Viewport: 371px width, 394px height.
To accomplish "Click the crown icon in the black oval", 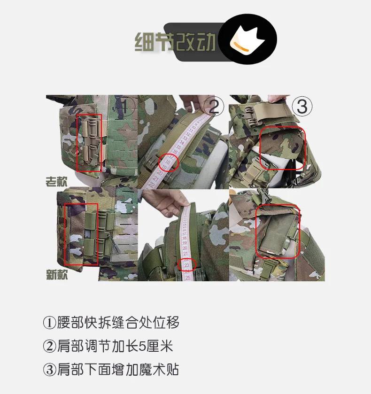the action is [x=247, y=39].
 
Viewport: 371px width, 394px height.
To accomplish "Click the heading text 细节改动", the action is [x=175, y=42].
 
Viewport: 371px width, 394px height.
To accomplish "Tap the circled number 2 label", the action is [x=213, y=106].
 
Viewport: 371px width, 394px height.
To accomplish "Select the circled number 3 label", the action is [x=302, y=106].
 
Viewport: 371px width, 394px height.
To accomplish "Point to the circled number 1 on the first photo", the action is [x=125, y=106].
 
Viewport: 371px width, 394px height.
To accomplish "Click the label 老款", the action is [x=56, y=181].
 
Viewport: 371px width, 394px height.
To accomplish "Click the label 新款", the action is [x=57, y=274].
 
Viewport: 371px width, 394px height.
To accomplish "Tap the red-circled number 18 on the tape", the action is [x=168, y=162].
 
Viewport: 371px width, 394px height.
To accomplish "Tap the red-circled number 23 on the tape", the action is [x=186, y=265].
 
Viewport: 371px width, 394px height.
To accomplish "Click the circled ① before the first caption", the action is [x=49, y=323].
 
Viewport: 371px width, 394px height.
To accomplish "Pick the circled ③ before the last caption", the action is [x=49, y=370].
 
